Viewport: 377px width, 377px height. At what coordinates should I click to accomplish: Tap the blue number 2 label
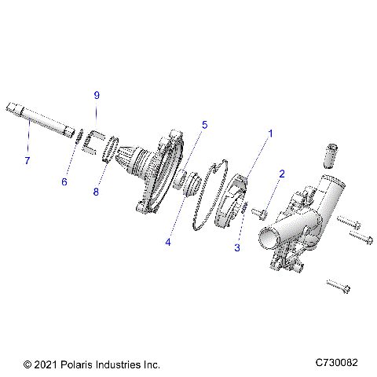pos(281,173)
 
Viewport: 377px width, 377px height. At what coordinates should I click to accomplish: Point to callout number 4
pos(167,242)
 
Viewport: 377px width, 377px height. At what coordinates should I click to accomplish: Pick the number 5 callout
pos(204,124)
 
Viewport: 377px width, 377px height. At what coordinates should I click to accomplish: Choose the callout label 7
pos(27,160)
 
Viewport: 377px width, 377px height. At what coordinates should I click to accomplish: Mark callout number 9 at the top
pos(97,95)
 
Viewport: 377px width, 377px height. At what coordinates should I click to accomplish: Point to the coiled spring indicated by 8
pos(112,150)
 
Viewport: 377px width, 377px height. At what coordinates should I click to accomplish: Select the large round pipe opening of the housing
pos(264,236)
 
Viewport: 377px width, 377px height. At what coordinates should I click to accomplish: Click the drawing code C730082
pos(336,364)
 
